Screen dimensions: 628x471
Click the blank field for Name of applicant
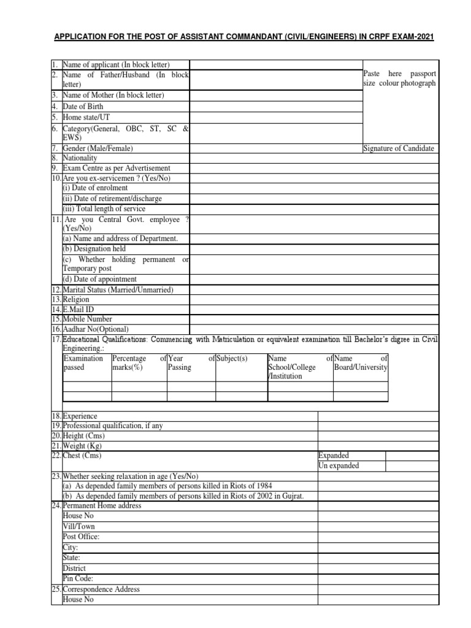276,65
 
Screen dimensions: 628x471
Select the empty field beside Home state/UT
276,117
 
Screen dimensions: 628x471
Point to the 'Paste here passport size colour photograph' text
400,78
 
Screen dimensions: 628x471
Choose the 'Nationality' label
80,158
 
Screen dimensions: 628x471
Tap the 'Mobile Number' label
87,320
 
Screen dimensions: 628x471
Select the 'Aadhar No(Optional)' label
95,329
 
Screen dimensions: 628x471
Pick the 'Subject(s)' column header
231,358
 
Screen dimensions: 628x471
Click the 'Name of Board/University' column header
361,362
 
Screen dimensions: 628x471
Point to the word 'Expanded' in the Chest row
334,456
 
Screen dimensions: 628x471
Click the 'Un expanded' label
339,466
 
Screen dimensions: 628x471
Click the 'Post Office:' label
81,537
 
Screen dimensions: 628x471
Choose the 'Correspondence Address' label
101,589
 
